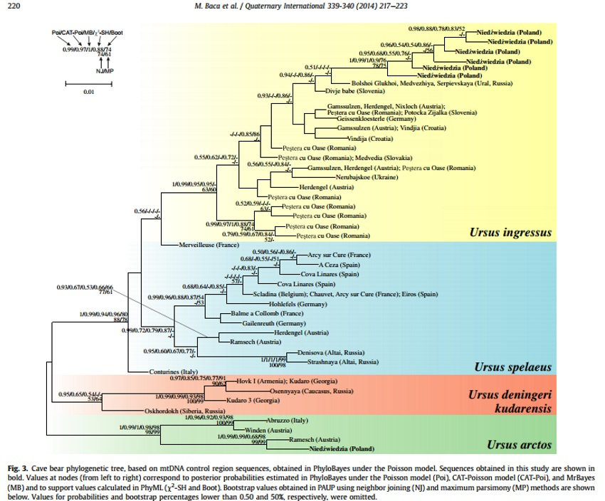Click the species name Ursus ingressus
pos(510,232)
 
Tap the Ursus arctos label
pos(520,445)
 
